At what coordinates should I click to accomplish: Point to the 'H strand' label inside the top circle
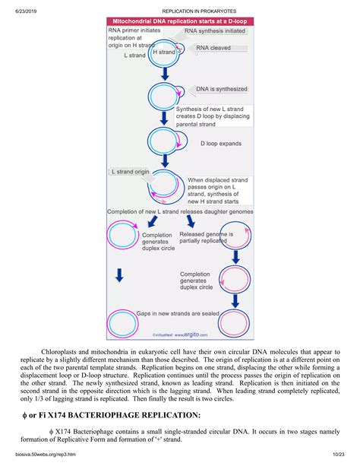(164, 52)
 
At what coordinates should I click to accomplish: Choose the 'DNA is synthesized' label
(223, 89)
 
